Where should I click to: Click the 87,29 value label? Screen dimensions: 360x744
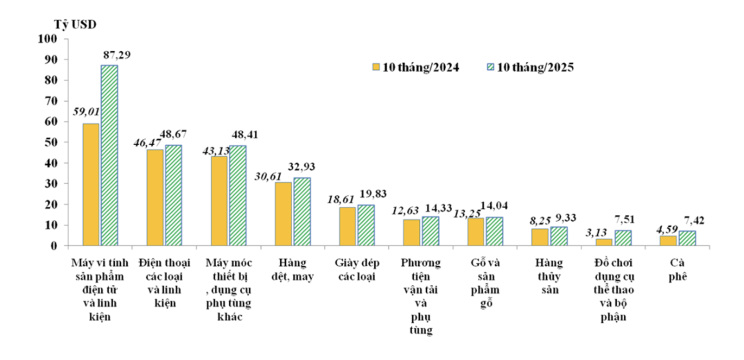coord(116,55)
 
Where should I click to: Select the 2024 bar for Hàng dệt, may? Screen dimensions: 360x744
coord(283,214)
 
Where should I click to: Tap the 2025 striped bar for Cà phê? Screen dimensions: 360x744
coord(687,238)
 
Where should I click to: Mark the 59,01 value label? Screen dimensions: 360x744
coord(87,113)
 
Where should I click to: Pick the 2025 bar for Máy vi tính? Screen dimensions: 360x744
coord(109,155)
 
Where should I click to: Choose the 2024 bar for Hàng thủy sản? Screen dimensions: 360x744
coord(539,237)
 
